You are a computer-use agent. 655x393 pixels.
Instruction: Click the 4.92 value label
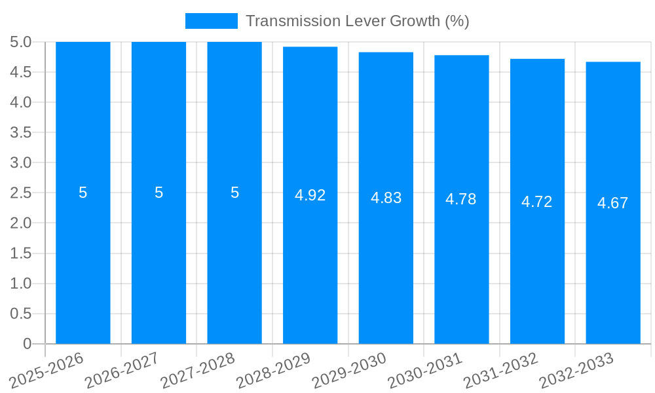pyautogui.click(x=310, y=195)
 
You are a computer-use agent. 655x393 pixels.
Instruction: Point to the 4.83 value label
pyautogui.click(x=386, y=198)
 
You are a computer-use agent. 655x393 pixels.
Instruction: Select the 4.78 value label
pyautogui.click(x=461, y=199)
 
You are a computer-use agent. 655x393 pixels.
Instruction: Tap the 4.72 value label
pyautogui.click(x=537, y=202)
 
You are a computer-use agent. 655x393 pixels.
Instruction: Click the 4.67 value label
pyautogui.click(x=613, y=203)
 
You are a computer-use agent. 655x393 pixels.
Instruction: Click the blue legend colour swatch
pyautogui.click(x=212, y=21)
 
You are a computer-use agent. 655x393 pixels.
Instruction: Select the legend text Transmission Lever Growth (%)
pyautogui.click(x=358, y=21)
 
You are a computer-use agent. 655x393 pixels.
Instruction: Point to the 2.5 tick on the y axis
pyautogui.click(x=21, y=193)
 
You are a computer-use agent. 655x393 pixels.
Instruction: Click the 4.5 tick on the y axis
pyautogui.click(x=21, y=72)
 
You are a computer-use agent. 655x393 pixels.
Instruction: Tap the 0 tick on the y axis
pyautogui.click(x=28, y=344)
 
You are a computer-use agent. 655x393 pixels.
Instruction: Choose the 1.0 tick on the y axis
pyautogui.click(x=21, y=284)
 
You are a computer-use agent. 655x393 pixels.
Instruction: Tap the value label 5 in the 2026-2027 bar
pyautogui.click(x=159, y=193)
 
